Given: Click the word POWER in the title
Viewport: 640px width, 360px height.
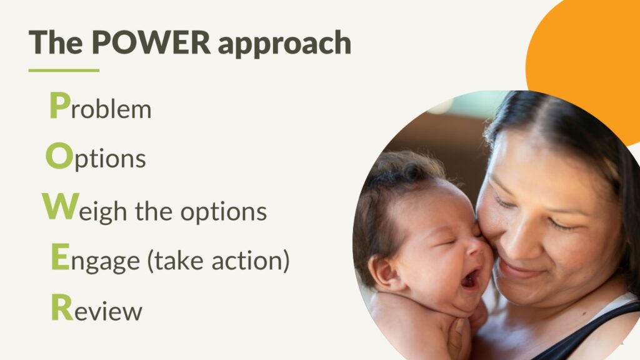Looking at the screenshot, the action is click(151, 42).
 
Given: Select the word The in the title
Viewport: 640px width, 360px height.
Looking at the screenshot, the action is click(56, 42).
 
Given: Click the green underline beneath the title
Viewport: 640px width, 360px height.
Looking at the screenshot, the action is click(64, 70).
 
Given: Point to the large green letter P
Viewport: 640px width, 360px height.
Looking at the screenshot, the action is click(59, 105).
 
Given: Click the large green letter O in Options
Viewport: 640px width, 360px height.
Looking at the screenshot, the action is click(59, 156).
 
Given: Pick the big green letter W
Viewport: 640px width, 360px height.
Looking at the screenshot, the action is click(61, 206).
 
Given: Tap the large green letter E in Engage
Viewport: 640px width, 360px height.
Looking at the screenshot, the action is click(61, 256).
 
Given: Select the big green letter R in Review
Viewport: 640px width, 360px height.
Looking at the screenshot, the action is click(62, 306).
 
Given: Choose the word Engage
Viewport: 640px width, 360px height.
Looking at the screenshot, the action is click(96, 259).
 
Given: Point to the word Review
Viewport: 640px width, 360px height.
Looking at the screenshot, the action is click(97, 307).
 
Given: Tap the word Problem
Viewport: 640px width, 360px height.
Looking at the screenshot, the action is click(101, 106).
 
